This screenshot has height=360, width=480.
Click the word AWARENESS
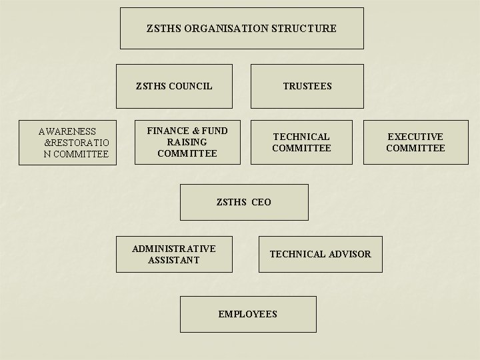point(67,132)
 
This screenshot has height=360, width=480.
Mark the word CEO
point(261,202)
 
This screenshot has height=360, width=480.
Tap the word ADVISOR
point(349,254)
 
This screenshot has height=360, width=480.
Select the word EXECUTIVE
point(415,137)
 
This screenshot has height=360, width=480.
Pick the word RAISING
point(187,142)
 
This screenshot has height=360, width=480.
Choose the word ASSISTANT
point(173,260)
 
